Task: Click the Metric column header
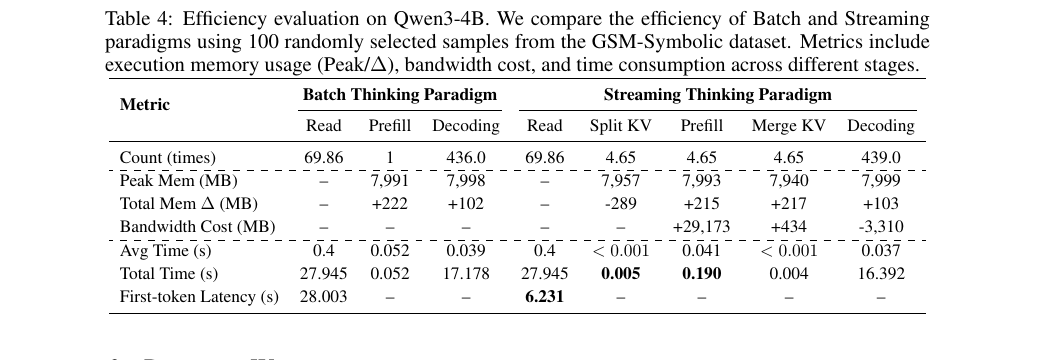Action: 145,105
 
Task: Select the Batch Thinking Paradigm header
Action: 400,95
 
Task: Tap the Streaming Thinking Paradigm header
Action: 717,95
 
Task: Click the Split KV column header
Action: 620,126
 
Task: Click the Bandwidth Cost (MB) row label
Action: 182,226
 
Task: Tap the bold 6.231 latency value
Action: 545,296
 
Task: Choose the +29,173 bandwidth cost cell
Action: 701,226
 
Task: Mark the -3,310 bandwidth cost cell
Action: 880,226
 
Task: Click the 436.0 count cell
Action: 465,158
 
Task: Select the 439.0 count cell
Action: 880,158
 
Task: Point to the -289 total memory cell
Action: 620,204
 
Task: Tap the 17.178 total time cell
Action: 465,273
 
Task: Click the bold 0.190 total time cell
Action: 701,273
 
